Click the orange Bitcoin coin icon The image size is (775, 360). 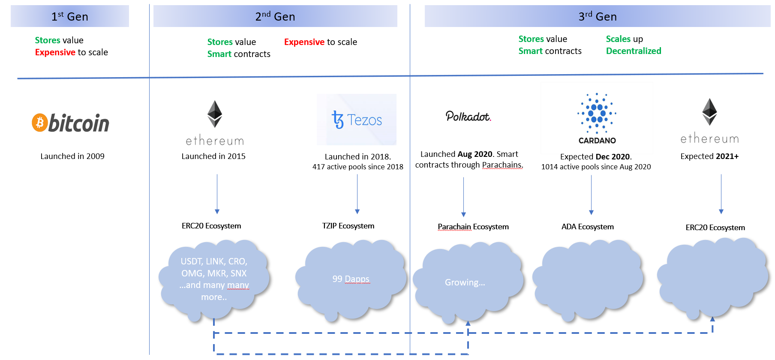[x=39, y=123]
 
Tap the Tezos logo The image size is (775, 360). [x=357, y=120]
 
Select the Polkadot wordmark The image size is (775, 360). [x=468, y=116]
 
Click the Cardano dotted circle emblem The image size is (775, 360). [x=597, y=113]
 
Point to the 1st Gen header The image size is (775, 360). [x=70, y=16]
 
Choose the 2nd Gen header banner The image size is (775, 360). [x=275, y=16]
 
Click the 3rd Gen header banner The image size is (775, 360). [x=598, y=16]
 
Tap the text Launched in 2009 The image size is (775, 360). [x=72, y=156]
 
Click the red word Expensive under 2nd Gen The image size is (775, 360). [x=304, y=42]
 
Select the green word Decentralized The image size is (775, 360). [x=634, y=51]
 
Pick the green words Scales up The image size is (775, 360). [x=625, y=39]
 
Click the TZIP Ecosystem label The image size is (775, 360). [x=348, y=226]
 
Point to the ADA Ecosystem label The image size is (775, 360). [x=588, y=227]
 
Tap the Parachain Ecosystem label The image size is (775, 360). [x=473, y=227]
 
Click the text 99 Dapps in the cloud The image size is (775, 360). [x=351, y=279]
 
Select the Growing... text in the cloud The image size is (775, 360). [x=465, y=282]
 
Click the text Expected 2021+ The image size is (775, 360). [x=709, y=156]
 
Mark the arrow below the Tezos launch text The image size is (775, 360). [x=357, y=194]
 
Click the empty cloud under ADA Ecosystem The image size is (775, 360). [x=588, y=280]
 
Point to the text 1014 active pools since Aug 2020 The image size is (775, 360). [x=596, y=167]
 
